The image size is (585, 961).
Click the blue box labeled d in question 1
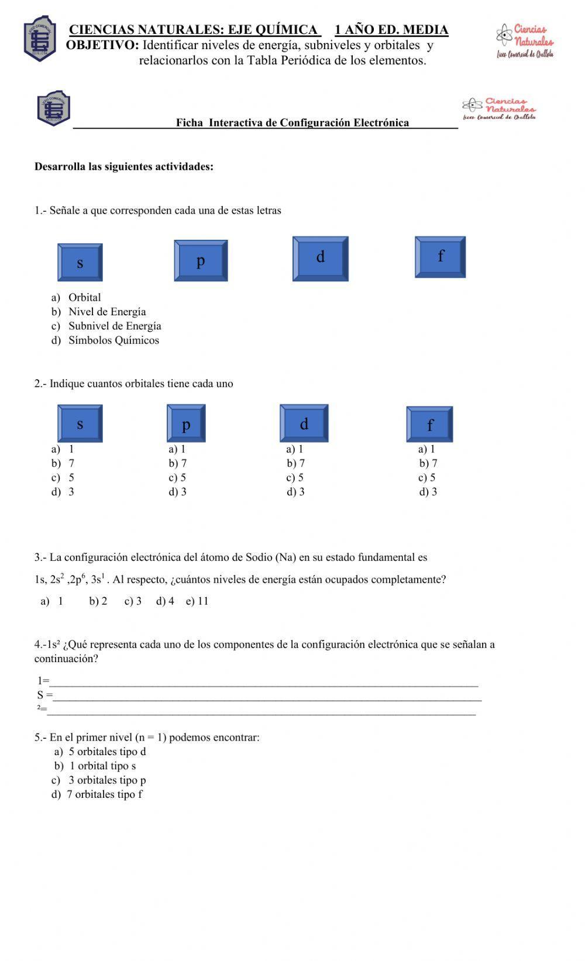click(320, 259)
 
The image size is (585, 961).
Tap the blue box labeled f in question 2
click(429, 424)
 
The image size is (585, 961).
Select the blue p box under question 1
click(200, 261)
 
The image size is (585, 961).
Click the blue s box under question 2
click(80, 423)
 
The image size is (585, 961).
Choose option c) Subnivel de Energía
click(107, 326)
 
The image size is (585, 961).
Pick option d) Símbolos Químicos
click(106, 340)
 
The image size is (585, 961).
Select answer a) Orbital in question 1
click(77, 297)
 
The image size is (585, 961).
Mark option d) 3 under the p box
click(178, 492)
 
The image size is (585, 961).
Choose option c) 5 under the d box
click(295, 478)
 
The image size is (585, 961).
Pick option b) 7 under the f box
click(428, 463)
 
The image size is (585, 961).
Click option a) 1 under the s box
click(63, 449)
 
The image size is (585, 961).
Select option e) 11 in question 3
click(197, 601)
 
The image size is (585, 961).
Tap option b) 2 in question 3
click(98, 601)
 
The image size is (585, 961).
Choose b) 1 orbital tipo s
click(95, 766)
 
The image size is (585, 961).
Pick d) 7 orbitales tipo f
click(97, 795)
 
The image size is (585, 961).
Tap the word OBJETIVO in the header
click(102, 45)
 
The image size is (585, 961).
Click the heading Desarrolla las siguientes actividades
click(124, 167)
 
